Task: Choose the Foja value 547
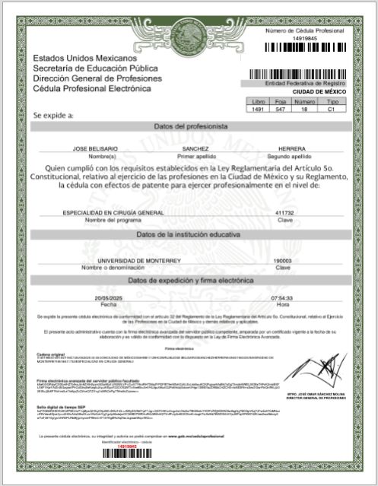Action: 281,110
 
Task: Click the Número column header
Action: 304,101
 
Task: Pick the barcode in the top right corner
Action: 305,46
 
